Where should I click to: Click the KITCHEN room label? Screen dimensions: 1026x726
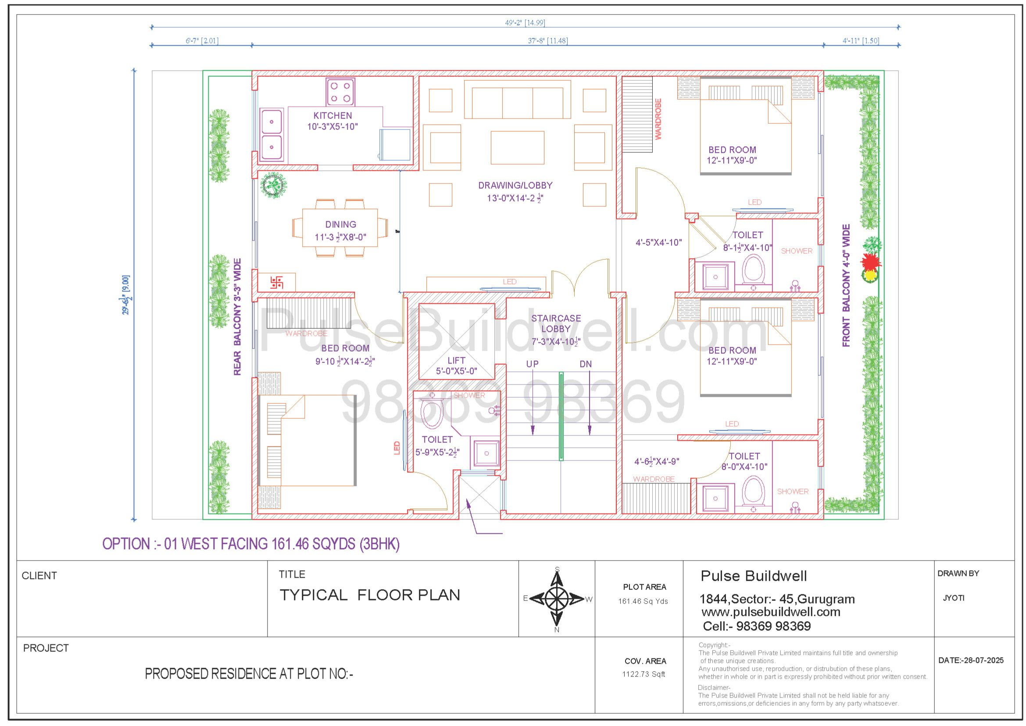(x=332, y=115)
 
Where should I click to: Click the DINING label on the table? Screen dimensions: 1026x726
(x=340, y=224)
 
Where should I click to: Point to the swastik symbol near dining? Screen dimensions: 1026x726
(x=277, y=282)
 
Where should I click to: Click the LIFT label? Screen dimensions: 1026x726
(x=456, y=360)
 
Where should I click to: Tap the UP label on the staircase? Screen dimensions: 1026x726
(x=532, y=364)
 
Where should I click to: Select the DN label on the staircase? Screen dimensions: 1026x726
(x=586, y=364)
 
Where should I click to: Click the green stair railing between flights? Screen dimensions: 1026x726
(x=561, y=416)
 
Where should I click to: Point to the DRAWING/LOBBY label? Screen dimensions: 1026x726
(x=515, y=185)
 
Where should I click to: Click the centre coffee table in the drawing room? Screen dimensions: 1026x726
(x=518, y=148)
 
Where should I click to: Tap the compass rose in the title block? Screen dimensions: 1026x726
(x=557, y=599)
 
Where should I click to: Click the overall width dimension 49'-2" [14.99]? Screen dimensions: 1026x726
(x=525, y=23)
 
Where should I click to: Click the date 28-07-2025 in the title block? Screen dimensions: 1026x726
(x=971, y=660)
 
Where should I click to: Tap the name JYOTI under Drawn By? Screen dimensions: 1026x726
(x=954, y=598)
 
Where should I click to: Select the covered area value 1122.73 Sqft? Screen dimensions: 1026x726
(x=643, y=674)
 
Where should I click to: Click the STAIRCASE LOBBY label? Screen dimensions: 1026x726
(x=556, y=323)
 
